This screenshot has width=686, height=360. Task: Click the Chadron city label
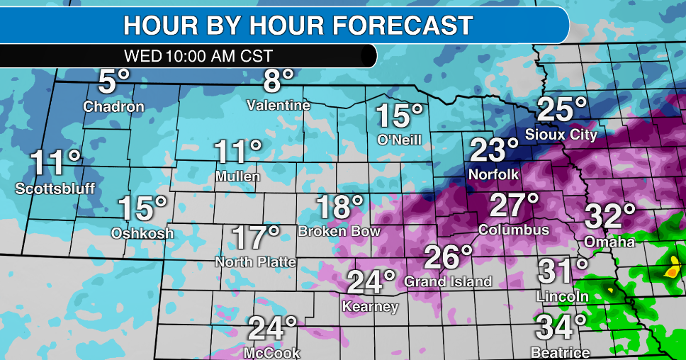pos(113,107)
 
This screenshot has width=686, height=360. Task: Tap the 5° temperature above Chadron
pos(114,82)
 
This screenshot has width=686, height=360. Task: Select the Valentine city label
pos(279,106)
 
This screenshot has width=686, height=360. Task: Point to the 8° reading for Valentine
pos(277,81)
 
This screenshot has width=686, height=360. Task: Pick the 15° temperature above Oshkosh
pos(142,208)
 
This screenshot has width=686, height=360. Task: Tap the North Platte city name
pos(255,262)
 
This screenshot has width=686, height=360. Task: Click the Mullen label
pos(237,176)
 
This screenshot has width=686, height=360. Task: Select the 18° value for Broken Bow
pos(339,207)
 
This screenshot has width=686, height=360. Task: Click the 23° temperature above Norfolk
pos(494,150)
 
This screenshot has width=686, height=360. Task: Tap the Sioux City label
pos(561,134)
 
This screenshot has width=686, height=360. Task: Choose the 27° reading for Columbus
pos(514,206)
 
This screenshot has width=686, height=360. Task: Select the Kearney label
pos(370,307)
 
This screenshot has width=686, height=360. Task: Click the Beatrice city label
pos(560,352)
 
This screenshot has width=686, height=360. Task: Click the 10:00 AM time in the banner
pos(199,55)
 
